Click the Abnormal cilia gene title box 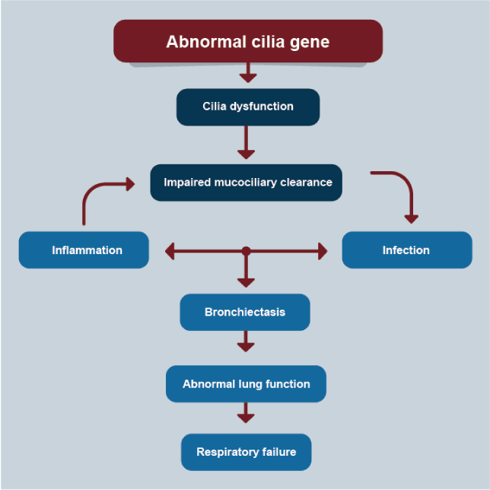tap(247, 41)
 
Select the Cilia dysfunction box tap(247, 107)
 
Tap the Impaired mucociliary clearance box tap(247, 183)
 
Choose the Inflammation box tap(84, 250)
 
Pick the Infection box tap(406, 250)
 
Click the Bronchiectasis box tap(245, 312)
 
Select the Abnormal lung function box tap(246, 384)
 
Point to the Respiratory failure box tap(246, 452)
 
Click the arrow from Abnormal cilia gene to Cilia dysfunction tap(247, 73)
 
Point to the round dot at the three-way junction tap(246, 250)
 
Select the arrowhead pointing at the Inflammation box tap(171, 250)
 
